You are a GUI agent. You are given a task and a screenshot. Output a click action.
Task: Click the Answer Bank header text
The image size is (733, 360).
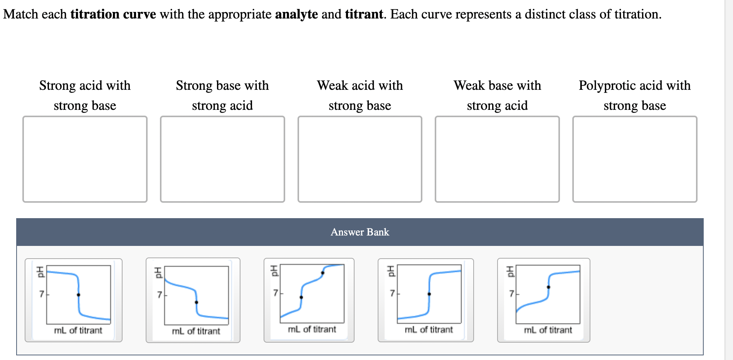point(360,232)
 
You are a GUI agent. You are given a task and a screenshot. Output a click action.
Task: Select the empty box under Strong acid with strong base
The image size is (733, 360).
point(85,159)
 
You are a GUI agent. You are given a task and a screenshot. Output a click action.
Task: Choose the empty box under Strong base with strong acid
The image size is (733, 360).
point(222,159)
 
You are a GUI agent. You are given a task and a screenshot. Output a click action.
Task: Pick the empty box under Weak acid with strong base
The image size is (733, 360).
point(360,159)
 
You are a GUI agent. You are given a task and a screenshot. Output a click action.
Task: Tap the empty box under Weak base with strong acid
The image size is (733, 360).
point(497,159)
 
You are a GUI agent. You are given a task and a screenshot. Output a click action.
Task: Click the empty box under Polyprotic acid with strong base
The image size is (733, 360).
point(635,159)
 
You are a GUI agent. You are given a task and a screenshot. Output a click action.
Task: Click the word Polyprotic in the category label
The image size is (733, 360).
point(606,86)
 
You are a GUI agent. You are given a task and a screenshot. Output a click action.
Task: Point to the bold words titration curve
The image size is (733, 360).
point(113,14)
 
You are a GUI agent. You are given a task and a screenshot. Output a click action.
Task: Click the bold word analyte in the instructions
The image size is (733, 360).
point(296,14)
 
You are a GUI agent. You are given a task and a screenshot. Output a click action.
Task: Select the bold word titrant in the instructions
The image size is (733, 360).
point(364,14)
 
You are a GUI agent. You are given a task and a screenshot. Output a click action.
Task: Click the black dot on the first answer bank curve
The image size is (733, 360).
point(79,295)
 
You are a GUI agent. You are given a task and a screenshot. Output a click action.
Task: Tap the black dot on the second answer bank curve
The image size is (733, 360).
point(197,302)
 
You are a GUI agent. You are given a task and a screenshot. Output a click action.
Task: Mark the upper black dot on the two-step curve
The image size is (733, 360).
point(323,273)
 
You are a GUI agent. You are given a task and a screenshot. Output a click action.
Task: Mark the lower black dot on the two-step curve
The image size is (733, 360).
point(301,297)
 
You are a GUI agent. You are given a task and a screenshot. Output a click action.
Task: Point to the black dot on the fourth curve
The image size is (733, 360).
point(429,294)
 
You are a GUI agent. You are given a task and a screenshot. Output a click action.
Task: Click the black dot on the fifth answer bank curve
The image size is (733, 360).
point(548,287)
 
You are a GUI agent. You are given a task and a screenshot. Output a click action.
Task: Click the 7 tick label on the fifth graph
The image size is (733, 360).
point(511,294)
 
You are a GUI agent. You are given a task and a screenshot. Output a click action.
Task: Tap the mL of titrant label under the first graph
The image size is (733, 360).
point(78,330)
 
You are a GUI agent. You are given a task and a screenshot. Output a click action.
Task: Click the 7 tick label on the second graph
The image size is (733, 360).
point(160,295)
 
